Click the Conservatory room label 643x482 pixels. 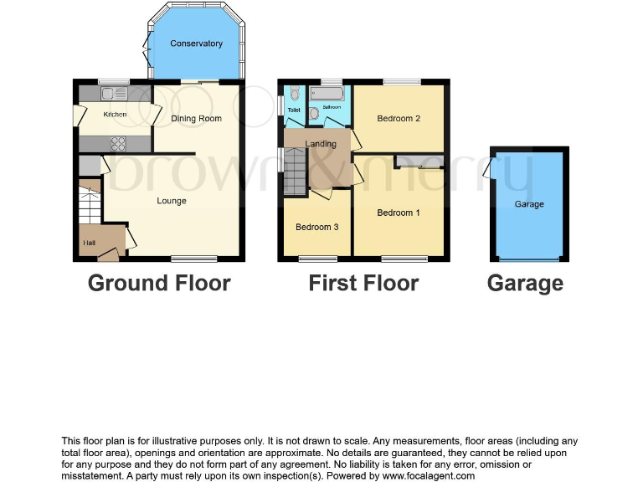[196, 44]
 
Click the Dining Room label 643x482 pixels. [196, 119]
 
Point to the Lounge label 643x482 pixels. [172, 201]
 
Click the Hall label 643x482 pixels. [89, 244]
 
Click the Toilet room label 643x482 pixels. [294, 110]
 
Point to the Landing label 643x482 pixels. [321, 144]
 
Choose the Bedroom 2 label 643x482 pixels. [399, 119]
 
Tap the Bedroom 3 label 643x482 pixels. [317, 228]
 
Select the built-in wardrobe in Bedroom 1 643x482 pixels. [419, 161]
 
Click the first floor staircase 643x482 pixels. [296, 171]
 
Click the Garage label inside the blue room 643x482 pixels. [529, 204]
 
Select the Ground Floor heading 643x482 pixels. [159, 284]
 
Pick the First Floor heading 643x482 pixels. [363, 284]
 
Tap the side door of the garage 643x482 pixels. [488, 169]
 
